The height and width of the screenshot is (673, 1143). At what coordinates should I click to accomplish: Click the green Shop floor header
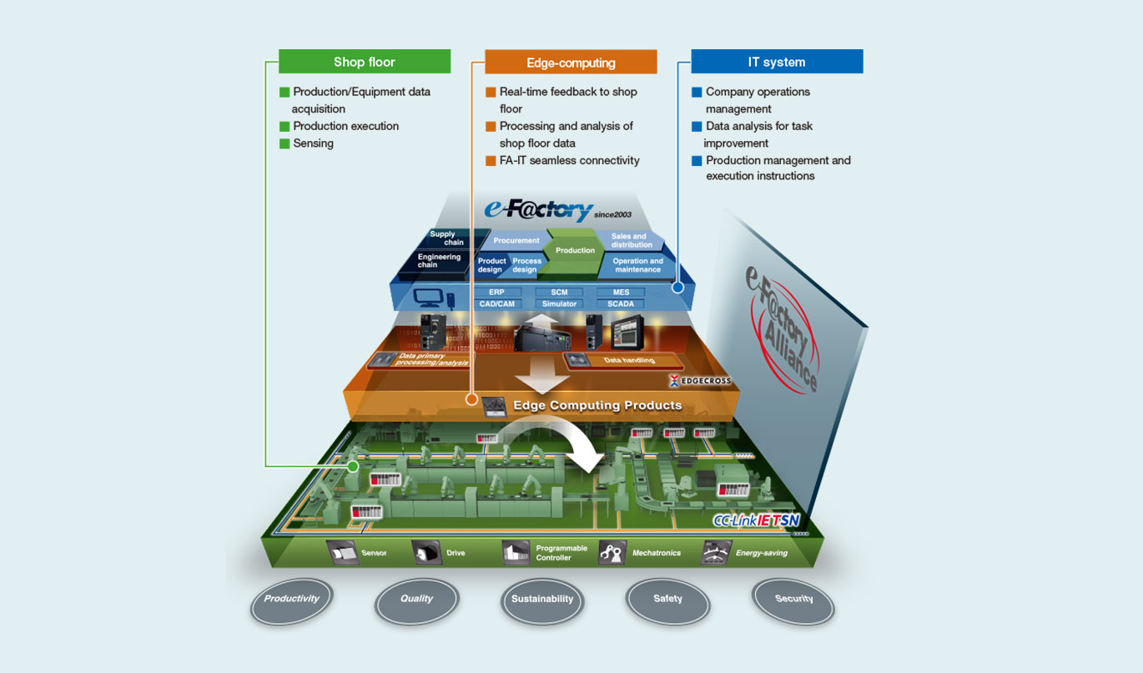(364, 62)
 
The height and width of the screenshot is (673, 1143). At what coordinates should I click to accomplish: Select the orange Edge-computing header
(571, 63)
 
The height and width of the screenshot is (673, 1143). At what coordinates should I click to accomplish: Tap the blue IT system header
(776, 62)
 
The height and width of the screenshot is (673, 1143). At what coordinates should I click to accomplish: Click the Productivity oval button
(291, 599)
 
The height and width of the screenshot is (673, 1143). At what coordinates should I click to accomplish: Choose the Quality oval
(416, 599)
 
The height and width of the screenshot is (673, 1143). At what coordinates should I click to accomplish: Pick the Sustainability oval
(542, 599)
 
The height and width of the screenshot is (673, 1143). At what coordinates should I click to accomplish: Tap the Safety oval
(667, 599)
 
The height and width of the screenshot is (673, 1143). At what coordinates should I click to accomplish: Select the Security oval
(793, 598)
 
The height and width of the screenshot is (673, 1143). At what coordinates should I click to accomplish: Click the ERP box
(498, 293)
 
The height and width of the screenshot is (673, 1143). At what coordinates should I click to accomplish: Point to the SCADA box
(620, 304)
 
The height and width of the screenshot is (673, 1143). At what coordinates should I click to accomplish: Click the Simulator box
(559, 304)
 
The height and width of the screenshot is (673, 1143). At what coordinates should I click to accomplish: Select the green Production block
(575, 250)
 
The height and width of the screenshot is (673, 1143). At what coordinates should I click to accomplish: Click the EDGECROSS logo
(701, 381)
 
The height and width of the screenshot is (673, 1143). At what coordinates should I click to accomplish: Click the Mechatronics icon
(612, 553)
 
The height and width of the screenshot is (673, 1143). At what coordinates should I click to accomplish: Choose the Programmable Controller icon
(515, 553)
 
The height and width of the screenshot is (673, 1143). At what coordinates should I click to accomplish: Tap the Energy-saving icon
(714, 553)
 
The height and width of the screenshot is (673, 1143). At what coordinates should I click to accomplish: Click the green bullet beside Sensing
(284, 143)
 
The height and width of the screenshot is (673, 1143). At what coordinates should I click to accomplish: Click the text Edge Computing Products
(597, 405)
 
